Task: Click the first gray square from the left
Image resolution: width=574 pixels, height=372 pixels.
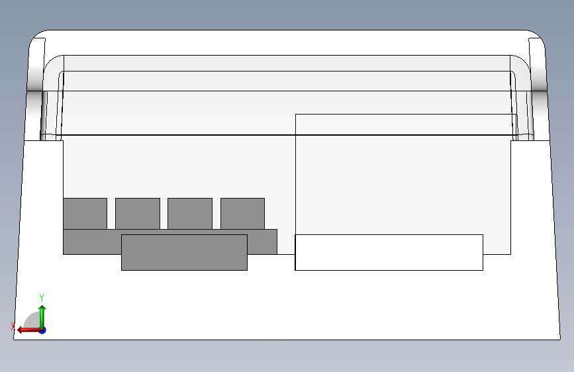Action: tap(85, 213)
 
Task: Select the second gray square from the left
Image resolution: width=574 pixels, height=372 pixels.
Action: tap(137, 213)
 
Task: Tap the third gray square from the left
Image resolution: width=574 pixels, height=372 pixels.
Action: tap(189, 213)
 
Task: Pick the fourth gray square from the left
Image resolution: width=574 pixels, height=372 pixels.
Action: tap(242, 213)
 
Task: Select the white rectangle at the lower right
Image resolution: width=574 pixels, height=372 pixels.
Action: tap(389, 252)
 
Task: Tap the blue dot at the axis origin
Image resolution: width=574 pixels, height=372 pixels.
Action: tap(42, 330)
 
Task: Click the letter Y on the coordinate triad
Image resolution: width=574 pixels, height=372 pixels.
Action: tap(42, 297)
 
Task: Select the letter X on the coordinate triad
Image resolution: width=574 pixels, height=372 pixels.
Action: tap(13, 326)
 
